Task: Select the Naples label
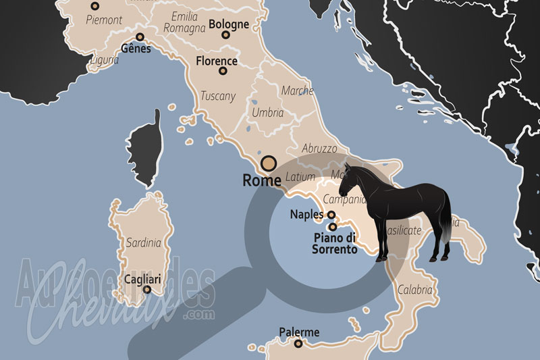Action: click(306, 215)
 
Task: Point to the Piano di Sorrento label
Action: click(333, 243)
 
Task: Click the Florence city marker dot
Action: click(223, 70)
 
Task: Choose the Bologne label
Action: click(229, 24)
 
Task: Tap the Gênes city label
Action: click(136, 49)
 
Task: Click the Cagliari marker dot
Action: click(147, 289)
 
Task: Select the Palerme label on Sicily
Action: click(299, 332)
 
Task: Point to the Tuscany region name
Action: click(218, 96)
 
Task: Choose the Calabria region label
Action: click(414, 290)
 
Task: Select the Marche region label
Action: click(297, 91)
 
